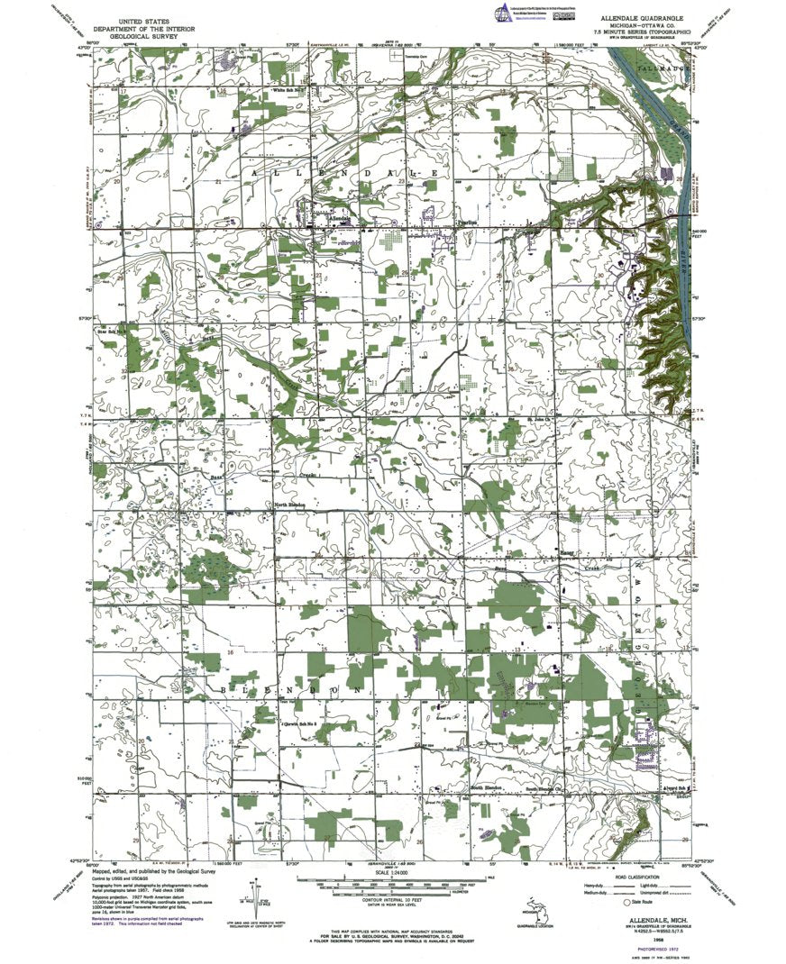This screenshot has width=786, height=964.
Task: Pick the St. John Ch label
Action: coord(538,419)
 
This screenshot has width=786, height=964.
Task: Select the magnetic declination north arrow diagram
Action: coord(251,901)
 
